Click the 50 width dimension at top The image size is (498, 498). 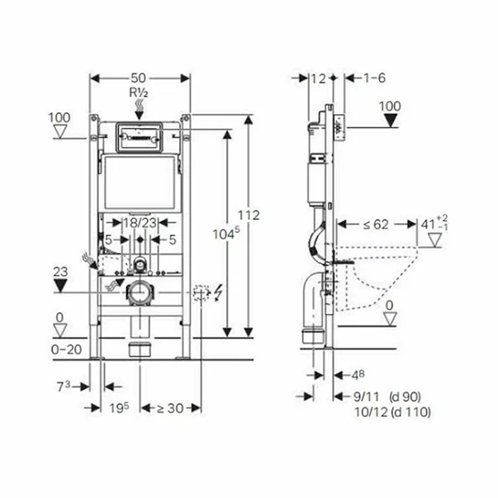[x=138, y=78]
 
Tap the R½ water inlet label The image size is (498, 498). [x=139, y=92]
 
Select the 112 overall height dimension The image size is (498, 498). [x=249, y=216]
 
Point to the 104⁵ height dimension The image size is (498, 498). [x=226, y=234]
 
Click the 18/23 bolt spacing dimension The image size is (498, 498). [x=140, y=223]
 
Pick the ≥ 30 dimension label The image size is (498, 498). [x=171, y=408]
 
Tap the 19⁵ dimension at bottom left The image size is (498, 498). [x=119, y=408]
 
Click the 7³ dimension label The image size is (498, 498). [x=64, y=387]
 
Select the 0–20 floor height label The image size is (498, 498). [x=66, y=349]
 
